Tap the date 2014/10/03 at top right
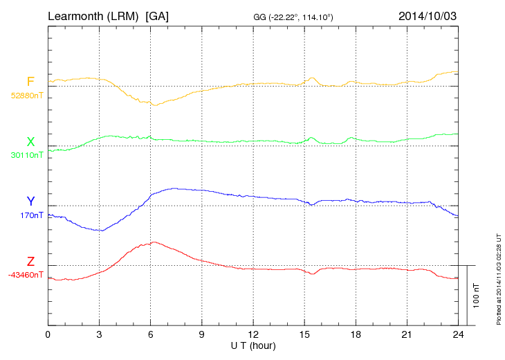click(427, 15)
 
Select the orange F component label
click(30, 82)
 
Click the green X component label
click(30, 143)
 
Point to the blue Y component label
click(30, 201)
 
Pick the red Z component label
click(30, 262)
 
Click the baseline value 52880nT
click(26, 96)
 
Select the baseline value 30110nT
click(26, 155)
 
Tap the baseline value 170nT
click(32, 215)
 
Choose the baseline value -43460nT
click(26, 275)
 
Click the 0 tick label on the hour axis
click(48, 335)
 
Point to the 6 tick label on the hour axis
click(151, 335)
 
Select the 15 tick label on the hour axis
click(304, 335)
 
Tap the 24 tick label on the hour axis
click(458, 335)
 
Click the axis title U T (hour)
click(252, 345)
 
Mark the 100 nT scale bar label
click(477, 296)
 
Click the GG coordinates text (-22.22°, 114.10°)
click(294, 17)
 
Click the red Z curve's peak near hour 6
click(154, 242)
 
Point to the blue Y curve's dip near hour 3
click(101, 231)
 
